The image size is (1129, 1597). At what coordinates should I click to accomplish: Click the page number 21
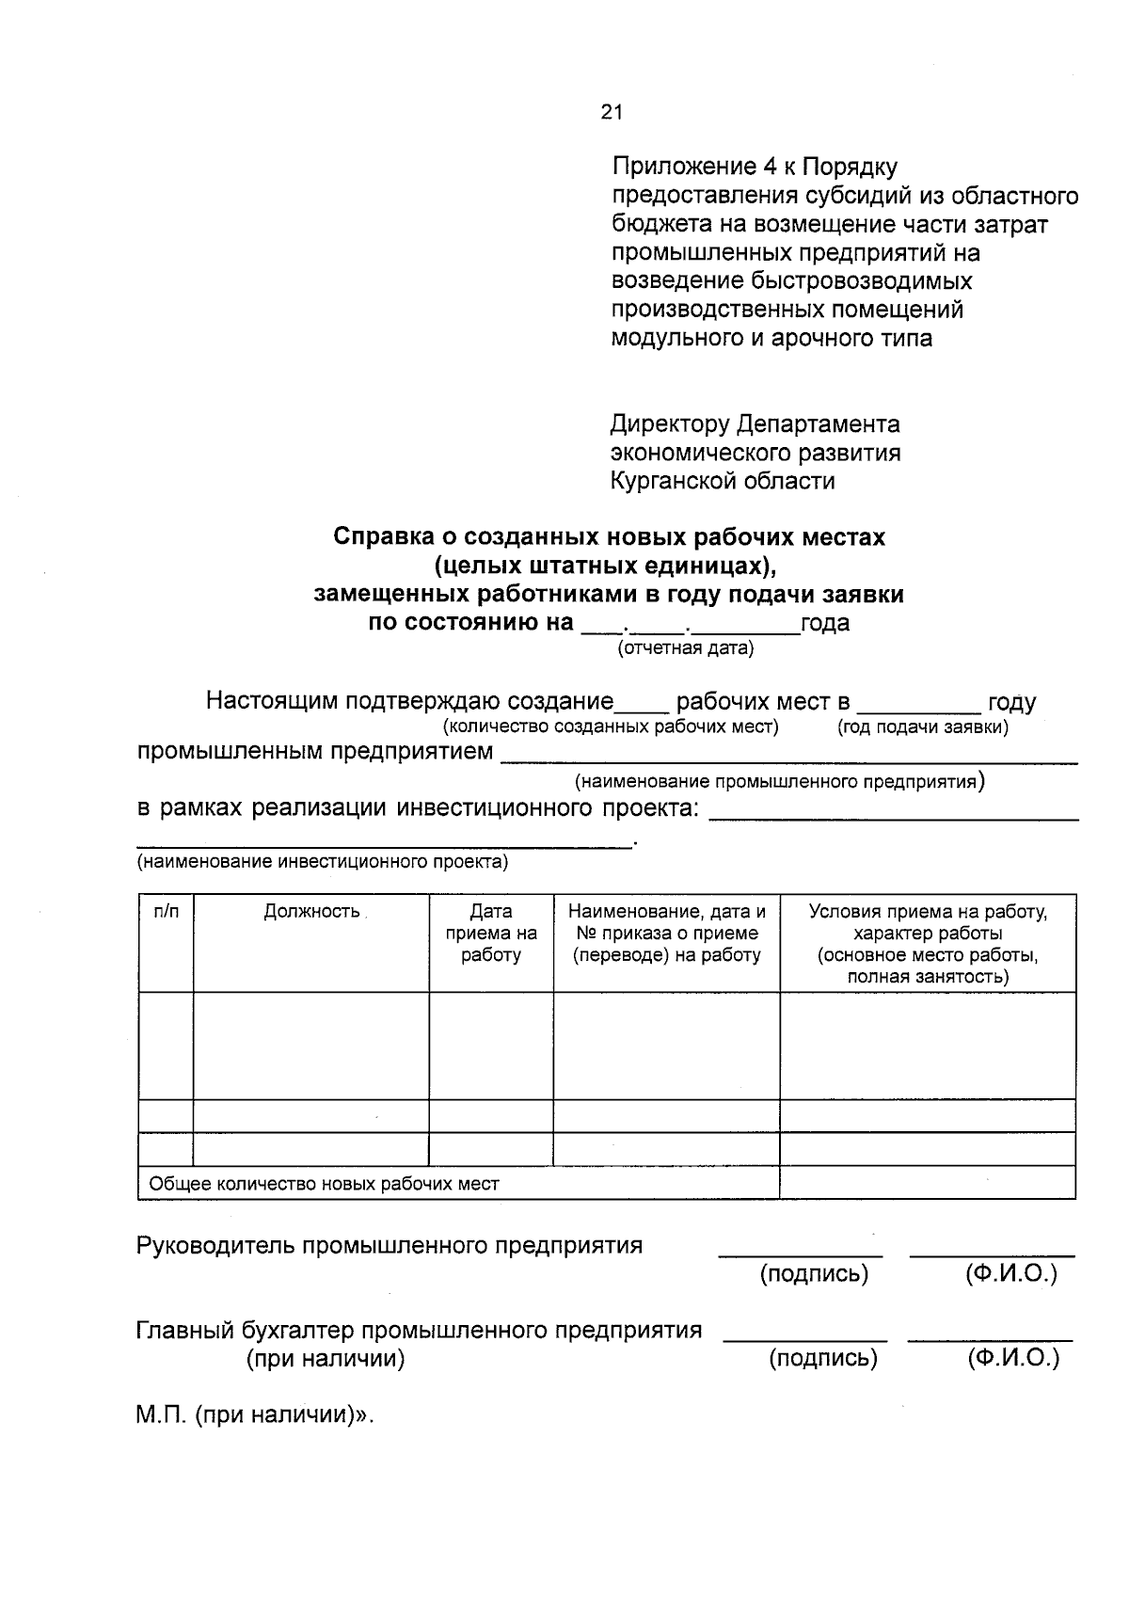pos(612,113)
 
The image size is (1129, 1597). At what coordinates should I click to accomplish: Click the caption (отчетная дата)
pos(685,647)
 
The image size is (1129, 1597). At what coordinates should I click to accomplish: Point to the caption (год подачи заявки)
pos(922,727)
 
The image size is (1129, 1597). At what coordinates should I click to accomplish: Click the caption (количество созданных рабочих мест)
pos(611,727)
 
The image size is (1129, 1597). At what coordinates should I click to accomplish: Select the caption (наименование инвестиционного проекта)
pos(323,861)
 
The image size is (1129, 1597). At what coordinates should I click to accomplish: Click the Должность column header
pos(311,911)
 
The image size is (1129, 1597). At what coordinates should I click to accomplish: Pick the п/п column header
pos(166,911)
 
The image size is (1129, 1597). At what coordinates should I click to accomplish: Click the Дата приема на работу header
pos(491,933)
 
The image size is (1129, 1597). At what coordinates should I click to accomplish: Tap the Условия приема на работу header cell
pos(928,943)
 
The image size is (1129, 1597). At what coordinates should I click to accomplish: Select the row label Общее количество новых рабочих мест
pos(325,1184)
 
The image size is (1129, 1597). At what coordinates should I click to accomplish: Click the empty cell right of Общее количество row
pos(927,1183)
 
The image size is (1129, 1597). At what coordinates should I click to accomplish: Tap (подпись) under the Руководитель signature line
pos(814,1274)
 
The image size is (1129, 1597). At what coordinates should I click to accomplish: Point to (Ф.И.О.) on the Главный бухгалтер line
pos(1012,1358)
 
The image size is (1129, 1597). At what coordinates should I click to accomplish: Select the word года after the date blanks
pos(825,623)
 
